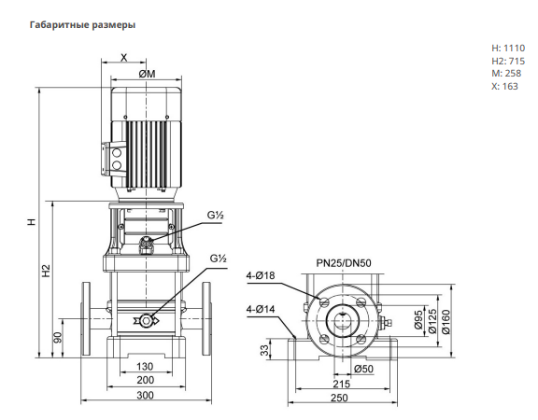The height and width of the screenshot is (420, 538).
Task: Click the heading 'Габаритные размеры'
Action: tap(82, 25)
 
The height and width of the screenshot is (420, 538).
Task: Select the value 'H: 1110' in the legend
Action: tap(508, 48)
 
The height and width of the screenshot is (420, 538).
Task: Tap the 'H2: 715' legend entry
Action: tap(508, 61)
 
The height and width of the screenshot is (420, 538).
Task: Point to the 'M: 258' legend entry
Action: tap(506, 74)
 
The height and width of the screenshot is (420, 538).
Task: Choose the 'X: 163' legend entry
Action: tap(504, 86)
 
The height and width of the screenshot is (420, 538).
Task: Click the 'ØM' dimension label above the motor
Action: tap(148, 74)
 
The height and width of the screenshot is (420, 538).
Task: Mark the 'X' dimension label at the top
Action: tap(124, 57)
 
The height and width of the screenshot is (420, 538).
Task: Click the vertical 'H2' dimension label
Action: tap(46, 271)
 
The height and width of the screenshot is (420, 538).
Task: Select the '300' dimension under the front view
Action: tap(145, 395)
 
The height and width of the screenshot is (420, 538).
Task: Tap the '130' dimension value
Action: tap(145, 366)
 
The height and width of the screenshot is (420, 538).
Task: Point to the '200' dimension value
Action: tap(145, 380)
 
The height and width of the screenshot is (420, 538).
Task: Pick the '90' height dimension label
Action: tap(58, 337)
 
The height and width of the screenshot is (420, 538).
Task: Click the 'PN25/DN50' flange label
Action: tap(344, 263)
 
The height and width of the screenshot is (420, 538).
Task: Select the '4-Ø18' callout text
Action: tap(261, 275)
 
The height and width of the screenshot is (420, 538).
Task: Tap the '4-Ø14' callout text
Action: tap(261, 309)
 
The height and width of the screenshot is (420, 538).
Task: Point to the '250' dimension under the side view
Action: tap(339, 398)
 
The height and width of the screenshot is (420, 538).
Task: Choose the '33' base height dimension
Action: tap(264, 350)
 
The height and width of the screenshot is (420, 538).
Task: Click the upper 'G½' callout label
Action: tap(215, 216)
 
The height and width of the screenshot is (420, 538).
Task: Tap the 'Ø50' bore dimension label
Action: tap(363, 369)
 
